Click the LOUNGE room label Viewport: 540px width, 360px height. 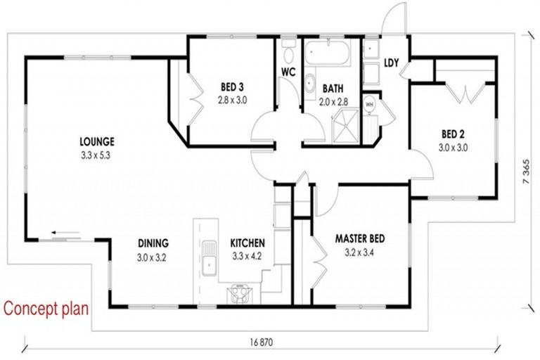pyautogui.click(x=97, y=141)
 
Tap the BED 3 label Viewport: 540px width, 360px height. pyautogui.click(x=232, y=86)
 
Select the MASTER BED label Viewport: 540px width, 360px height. pyautogui.click(x=360, y=238)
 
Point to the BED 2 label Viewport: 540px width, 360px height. pyautogui.click(x=453, y=134)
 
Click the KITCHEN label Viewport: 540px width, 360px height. pyautogui.click(x=247, y=243)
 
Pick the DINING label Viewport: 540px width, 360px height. pyautogui.click(x=153, y=243)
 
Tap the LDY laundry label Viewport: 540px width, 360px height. pyautogui.click(x=391, y=63)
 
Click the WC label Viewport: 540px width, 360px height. pyautogui.click(x=288, y=72)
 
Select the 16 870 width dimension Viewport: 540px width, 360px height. pyautogui.click(x=262, y=342)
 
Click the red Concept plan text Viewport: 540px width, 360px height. pyautogui.click(x=46, y=309)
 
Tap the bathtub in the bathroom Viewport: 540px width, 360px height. pyautogui.click(x=327, y=52)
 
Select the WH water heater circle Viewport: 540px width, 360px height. pyautogui.click(x=370, y=104)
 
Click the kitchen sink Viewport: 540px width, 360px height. pyautogui.click(x=209, y=258)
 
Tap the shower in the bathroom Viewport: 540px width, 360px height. pyautogui.click(x=345, y=126)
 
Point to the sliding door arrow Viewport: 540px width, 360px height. pyautogui.click(x=66, y=232)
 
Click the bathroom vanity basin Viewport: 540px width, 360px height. pyautogui.click(x=310, y=84)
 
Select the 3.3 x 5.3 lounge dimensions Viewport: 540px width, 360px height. pyautogui.click(x=96, y=155)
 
